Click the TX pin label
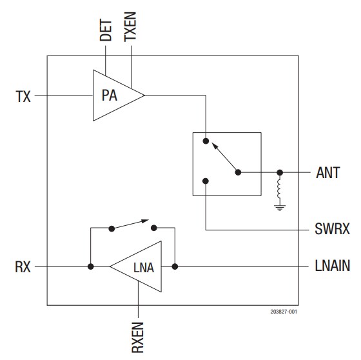[x=23, y=97]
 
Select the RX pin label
[x=23, y=266]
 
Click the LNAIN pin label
[x=333, y=266]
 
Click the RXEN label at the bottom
[x=138, y=335]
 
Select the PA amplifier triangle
[x=113, y=96]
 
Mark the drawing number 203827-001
[x=284, y=311]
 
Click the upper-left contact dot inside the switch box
[x=205, y=140]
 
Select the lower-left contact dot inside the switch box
[x=205, y=181]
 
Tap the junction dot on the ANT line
[x=279, y=173]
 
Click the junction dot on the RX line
[x=91, y=266]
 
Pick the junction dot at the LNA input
[x=174, y=266]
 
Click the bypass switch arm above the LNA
[x=132, y=223]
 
